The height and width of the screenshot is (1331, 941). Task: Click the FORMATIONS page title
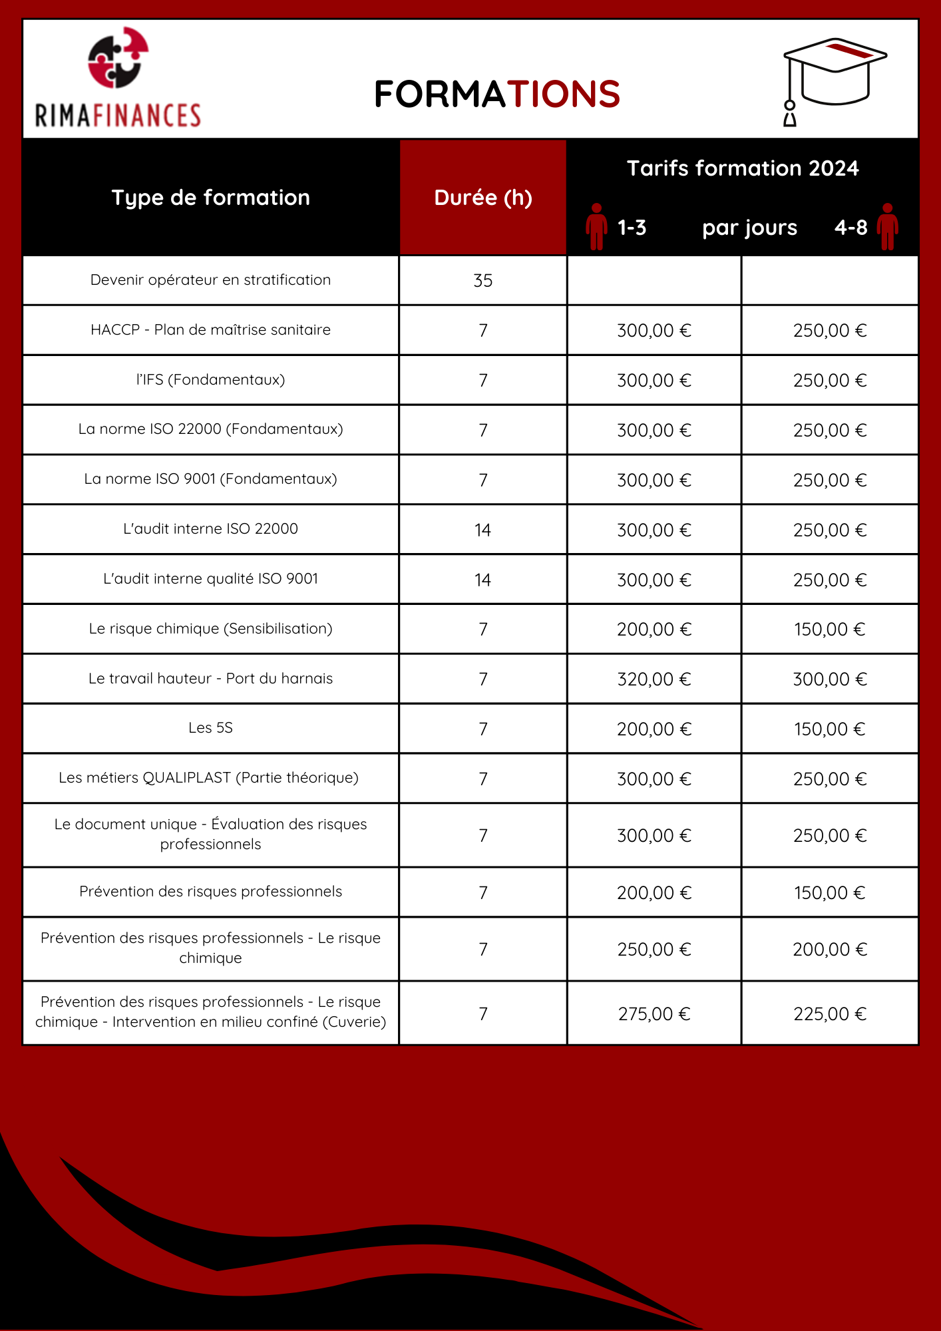[496, 94]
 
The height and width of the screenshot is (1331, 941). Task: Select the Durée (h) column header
[483, 198]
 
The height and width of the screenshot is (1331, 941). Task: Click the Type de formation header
[210, 198]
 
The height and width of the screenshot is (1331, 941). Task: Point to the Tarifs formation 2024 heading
[743, 168]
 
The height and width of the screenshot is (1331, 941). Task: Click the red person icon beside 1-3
[596, 227]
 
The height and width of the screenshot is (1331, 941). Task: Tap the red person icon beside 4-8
[887, 227]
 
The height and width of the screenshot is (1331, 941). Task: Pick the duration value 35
[483, 281]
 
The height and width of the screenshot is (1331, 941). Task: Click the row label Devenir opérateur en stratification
[210, 280]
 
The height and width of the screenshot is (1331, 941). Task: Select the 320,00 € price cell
[654, 679]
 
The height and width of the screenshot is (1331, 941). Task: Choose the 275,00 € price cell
[654, 1014]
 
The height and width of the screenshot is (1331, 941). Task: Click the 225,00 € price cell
[830, 1014]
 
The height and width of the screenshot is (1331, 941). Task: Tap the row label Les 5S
[210, 728]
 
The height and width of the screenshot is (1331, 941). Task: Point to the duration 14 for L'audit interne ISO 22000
[483, 530]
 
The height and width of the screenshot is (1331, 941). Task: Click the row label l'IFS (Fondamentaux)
[210, 380]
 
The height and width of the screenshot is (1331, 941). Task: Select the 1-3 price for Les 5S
[654, 729]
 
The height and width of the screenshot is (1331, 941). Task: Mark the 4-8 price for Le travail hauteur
[830, 679]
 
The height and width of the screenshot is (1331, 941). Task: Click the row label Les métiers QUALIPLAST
[209, 778]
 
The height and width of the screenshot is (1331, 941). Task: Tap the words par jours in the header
[749, 228]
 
